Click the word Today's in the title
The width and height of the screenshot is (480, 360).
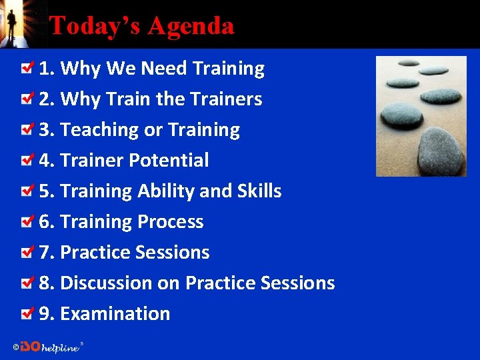[96, 26]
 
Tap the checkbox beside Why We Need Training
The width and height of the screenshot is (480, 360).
[27, 68]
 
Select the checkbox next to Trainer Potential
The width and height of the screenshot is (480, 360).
[27, 160]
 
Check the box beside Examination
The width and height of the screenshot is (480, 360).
[27, 313]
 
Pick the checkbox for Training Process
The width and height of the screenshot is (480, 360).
[27, 221]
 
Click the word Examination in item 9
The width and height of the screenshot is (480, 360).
[115, 314]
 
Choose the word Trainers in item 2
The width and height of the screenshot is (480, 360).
[225, 99]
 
